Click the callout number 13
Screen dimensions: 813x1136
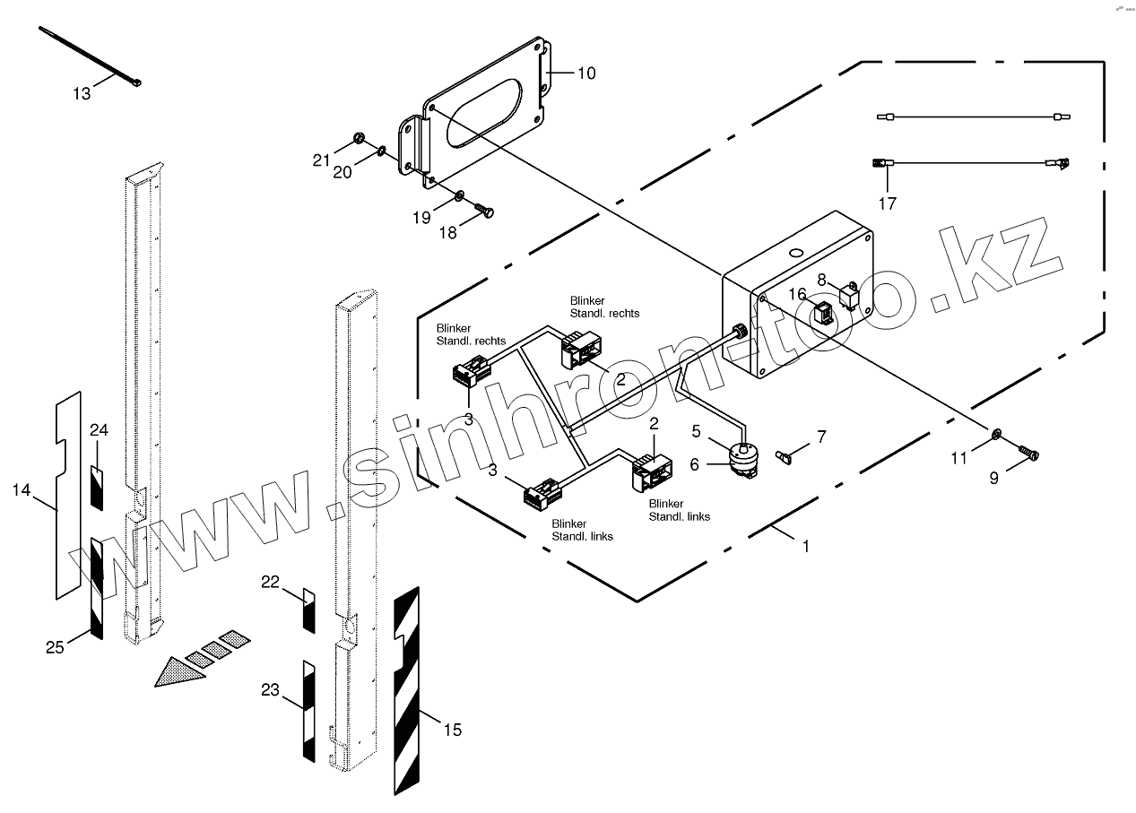(82, 93)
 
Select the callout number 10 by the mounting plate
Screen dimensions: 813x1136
(585, 74)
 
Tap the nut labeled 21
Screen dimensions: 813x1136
(356, 139)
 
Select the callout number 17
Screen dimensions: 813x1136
(887, 203)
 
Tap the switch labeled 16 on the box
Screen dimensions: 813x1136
(823, 314)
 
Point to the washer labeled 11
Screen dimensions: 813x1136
(996, 436)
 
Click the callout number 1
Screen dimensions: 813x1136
(805, 546)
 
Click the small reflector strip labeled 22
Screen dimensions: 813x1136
(308, 610)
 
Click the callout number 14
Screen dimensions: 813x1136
(22, 490)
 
